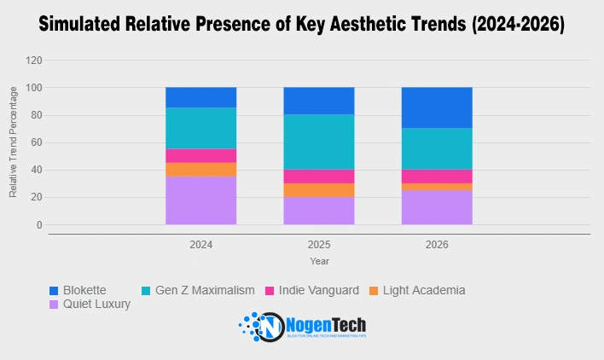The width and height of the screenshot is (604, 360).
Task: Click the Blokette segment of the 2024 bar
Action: pyautogui.click(x=201, y=97)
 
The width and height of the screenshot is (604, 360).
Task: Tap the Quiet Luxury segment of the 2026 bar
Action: pyautogui.click(x=437, y=207)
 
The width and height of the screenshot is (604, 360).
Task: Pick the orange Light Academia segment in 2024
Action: pyautogui.click(x=201, y=169)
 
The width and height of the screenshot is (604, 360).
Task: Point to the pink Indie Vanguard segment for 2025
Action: pyautogui.click(x=319, y=176)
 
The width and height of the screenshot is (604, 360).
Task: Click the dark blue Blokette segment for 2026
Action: pyautogui.click(x=437, y=107)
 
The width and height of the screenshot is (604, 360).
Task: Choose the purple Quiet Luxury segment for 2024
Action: pyautogui.click(x=201, y=200)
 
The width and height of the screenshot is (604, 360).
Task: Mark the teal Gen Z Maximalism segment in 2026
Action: pyautogui.click(x=437, y=148)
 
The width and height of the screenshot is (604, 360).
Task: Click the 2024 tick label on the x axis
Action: pyautogui.click(x=201, y=245)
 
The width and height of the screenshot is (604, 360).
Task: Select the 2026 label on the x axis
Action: pyautogui.click(x=437, y=245)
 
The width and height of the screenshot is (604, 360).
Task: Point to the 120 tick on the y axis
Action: pyautogui.click(x=34, y=61)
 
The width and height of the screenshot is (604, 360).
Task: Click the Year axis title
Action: pyautogui.click(x=319, y=261)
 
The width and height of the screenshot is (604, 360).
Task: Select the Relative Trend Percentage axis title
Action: pyautogui.click(x=14, y=143)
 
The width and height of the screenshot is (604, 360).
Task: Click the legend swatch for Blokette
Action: pyautogui.click(x=55, y=290)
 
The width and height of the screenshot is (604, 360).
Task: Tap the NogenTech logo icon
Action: pyautogui.click(x=261, y=327)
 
